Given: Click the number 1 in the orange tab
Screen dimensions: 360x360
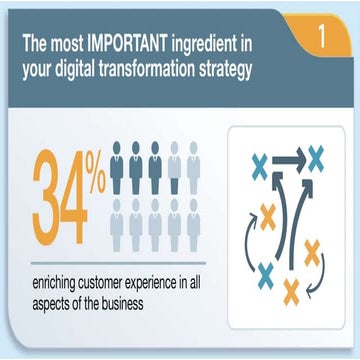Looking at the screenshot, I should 322,37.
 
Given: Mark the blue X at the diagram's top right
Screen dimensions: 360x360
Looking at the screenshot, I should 316,156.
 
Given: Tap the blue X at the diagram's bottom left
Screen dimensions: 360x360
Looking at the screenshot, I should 267,272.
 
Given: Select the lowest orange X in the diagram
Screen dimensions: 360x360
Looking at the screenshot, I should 291,290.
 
